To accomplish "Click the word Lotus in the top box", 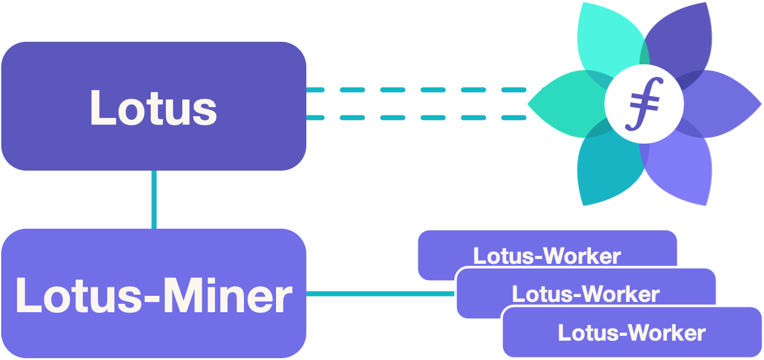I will pyautogui.click(x=153, y=108).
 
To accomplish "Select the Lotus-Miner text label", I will pyautogui.click(x=154, y=296).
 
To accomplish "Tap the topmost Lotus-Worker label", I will pyautogui.click(x=547, y=256).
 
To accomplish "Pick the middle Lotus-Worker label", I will pyautogui.click(x=585, y=294).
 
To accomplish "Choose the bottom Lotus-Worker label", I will pyautogui.click(x=631, y=333).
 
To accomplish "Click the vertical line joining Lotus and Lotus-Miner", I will pyautogui.click(x=154, y=199).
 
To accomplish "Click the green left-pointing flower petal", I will pyautogui.click(x=563, y=104).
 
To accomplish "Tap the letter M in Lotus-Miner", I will pyautogui.click(x=182, y=296).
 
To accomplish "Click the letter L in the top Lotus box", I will pyautogui.click(x=100, y=108).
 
